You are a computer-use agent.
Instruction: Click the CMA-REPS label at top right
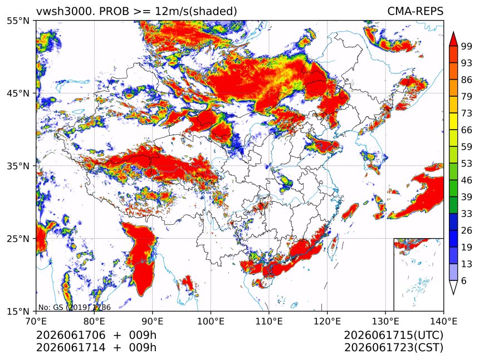tap(415, 11)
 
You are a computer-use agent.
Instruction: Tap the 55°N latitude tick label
tap(18, 21)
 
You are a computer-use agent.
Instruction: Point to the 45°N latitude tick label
tap(18, 93)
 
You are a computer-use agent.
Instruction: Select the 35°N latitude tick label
tap(18, 166)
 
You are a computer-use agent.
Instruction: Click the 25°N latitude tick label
tap(18, 238)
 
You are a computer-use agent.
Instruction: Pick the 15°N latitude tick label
tap(18, 311)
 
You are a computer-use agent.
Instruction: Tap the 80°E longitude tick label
tap(94, 321)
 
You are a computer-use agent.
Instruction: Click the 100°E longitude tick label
tap(211, 321)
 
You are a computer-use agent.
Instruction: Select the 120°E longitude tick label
tap(327, 321)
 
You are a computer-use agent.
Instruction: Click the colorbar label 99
tap(467, 46)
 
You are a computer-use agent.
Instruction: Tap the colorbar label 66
tap(467, 130)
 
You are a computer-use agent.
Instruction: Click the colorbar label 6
tap(464, 280)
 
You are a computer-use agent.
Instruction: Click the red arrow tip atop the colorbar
tap(453, 32)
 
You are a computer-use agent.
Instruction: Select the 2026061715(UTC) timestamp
tap(393, 336)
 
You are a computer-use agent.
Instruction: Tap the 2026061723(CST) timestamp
tap(393, 348)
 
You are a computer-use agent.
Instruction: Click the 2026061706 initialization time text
tap(71, 335)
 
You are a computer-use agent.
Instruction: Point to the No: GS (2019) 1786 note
tap(75, 307)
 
